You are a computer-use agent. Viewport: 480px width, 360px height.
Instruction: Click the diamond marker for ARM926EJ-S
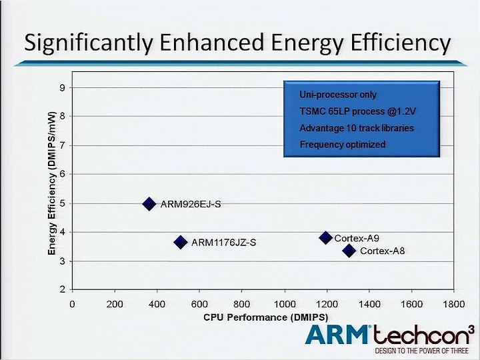[x=149, y=204]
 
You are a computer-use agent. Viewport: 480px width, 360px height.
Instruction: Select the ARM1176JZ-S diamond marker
[x=181, y=242]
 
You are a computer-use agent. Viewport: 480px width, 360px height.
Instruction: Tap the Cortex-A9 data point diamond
[x=326, y=237]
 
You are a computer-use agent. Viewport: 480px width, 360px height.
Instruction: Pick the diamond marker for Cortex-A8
[x=349, y=251]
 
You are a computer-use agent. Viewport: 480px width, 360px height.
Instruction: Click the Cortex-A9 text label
[x=357, y=238]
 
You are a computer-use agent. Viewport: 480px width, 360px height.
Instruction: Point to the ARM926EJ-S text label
[x=191, y=204]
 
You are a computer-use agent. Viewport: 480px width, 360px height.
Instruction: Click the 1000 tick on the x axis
[x=285, y=304]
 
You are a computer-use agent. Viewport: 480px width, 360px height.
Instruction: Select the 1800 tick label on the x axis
[x=454, y=304]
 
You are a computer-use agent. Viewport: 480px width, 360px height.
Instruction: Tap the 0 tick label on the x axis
[x=72, y=304]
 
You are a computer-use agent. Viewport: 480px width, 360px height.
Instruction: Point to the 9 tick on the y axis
[x=63, y=88]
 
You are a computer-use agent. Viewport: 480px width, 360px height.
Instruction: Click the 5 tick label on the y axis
[x=63, y=203]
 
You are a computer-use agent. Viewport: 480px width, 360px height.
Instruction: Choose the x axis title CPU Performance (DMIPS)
[x=266, y=317]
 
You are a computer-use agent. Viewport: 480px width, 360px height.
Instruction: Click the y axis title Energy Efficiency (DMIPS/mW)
[x=52, y=183]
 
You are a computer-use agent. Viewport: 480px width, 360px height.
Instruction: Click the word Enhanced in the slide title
[x=212, y=42]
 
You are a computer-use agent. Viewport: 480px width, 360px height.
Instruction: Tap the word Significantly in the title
[x=88, y=43]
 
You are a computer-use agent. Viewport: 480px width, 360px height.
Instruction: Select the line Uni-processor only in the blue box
[x=338, y=95]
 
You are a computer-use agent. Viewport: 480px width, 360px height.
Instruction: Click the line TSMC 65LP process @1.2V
[x=358, y=111]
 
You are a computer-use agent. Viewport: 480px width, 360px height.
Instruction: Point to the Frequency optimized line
[x=343, y=144]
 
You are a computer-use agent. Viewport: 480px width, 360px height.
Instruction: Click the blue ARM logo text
[x=337, y=335]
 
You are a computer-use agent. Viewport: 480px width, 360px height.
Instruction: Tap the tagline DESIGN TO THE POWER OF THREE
[x=421, y=351]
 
